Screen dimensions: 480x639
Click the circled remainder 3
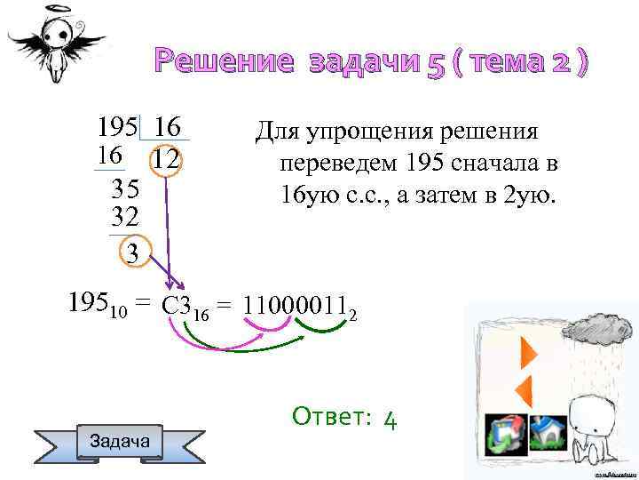[x=132, y=252]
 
